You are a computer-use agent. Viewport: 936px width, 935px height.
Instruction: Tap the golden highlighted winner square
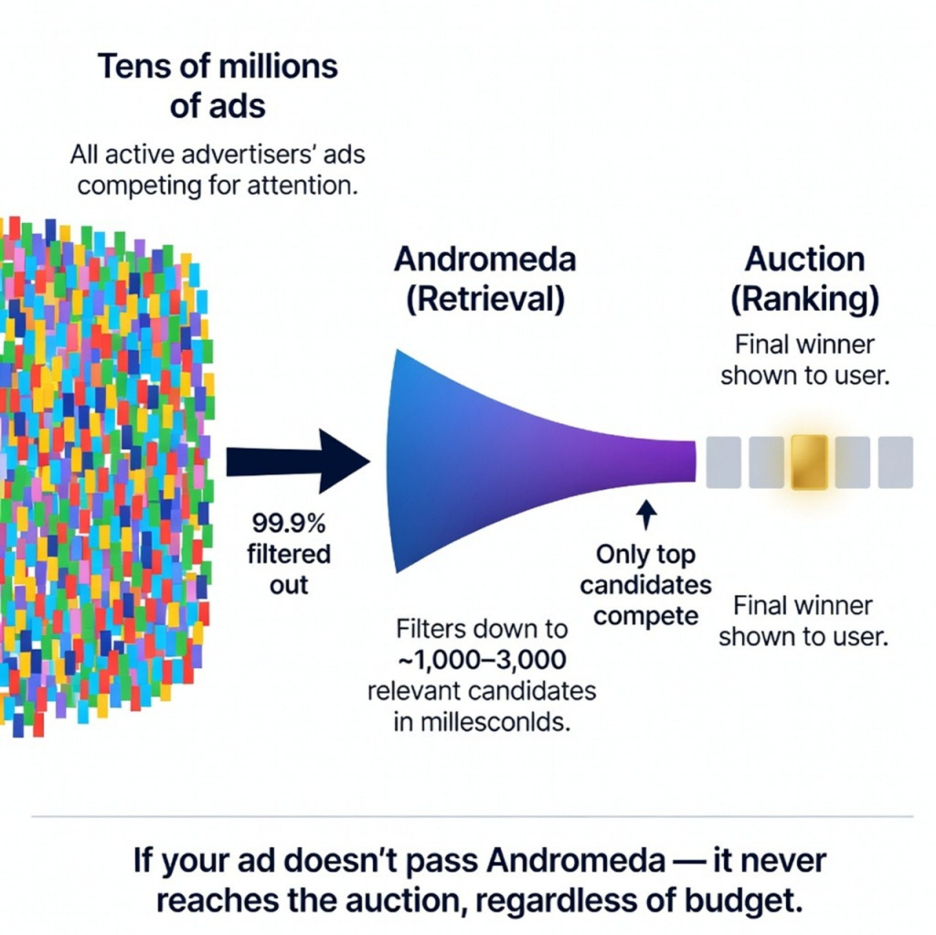coord(808,462)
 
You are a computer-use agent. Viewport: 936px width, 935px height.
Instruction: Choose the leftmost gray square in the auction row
coord(723,462)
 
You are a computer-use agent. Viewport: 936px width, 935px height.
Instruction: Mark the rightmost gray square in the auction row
coord(895,462)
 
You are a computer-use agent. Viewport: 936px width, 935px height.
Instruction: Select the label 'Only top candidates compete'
coord(646,585)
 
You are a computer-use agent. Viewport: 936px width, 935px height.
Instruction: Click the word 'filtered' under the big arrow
coord(289,554)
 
